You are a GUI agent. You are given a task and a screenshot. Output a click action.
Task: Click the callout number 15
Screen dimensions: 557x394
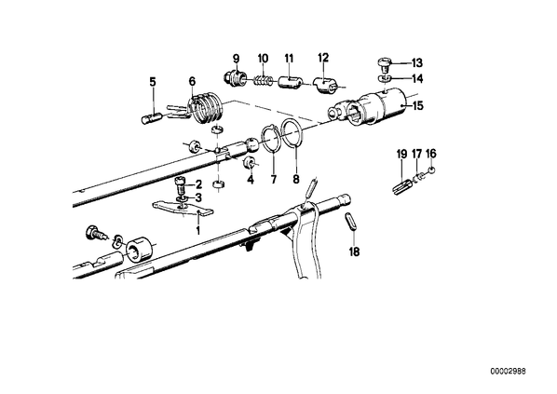[x=417, y=105]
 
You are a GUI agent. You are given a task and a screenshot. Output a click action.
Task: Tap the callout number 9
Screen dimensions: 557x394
[x=237, y=58]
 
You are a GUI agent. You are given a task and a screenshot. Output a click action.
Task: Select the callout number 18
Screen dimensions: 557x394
[x=354, y=251]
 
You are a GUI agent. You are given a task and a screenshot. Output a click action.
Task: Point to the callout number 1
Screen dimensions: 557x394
[x=197, y=231]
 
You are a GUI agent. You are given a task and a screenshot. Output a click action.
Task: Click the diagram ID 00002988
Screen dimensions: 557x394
[x=509, y=371]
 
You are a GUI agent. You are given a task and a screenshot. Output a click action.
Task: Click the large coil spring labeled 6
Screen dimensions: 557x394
[x=205, y=107]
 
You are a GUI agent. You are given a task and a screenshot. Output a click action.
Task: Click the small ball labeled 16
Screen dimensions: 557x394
[x=431, y=170]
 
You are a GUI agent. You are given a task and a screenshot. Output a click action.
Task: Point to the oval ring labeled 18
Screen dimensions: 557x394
[x=350, y=222]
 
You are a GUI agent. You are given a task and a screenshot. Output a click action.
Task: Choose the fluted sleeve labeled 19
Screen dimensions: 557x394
[x=402, y=186]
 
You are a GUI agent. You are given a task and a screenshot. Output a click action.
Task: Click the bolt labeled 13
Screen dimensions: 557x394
[x=384, y=65]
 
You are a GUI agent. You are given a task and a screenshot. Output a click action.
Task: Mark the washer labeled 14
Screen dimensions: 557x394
[x=385, y=77]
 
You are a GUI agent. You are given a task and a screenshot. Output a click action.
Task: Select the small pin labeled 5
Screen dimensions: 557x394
[x=152, y=118]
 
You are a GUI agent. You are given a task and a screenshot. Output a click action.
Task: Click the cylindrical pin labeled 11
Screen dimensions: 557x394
[x=289, y=85]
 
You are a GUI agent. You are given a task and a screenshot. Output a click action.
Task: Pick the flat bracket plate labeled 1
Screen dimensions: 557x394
[x=183, y=209]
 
